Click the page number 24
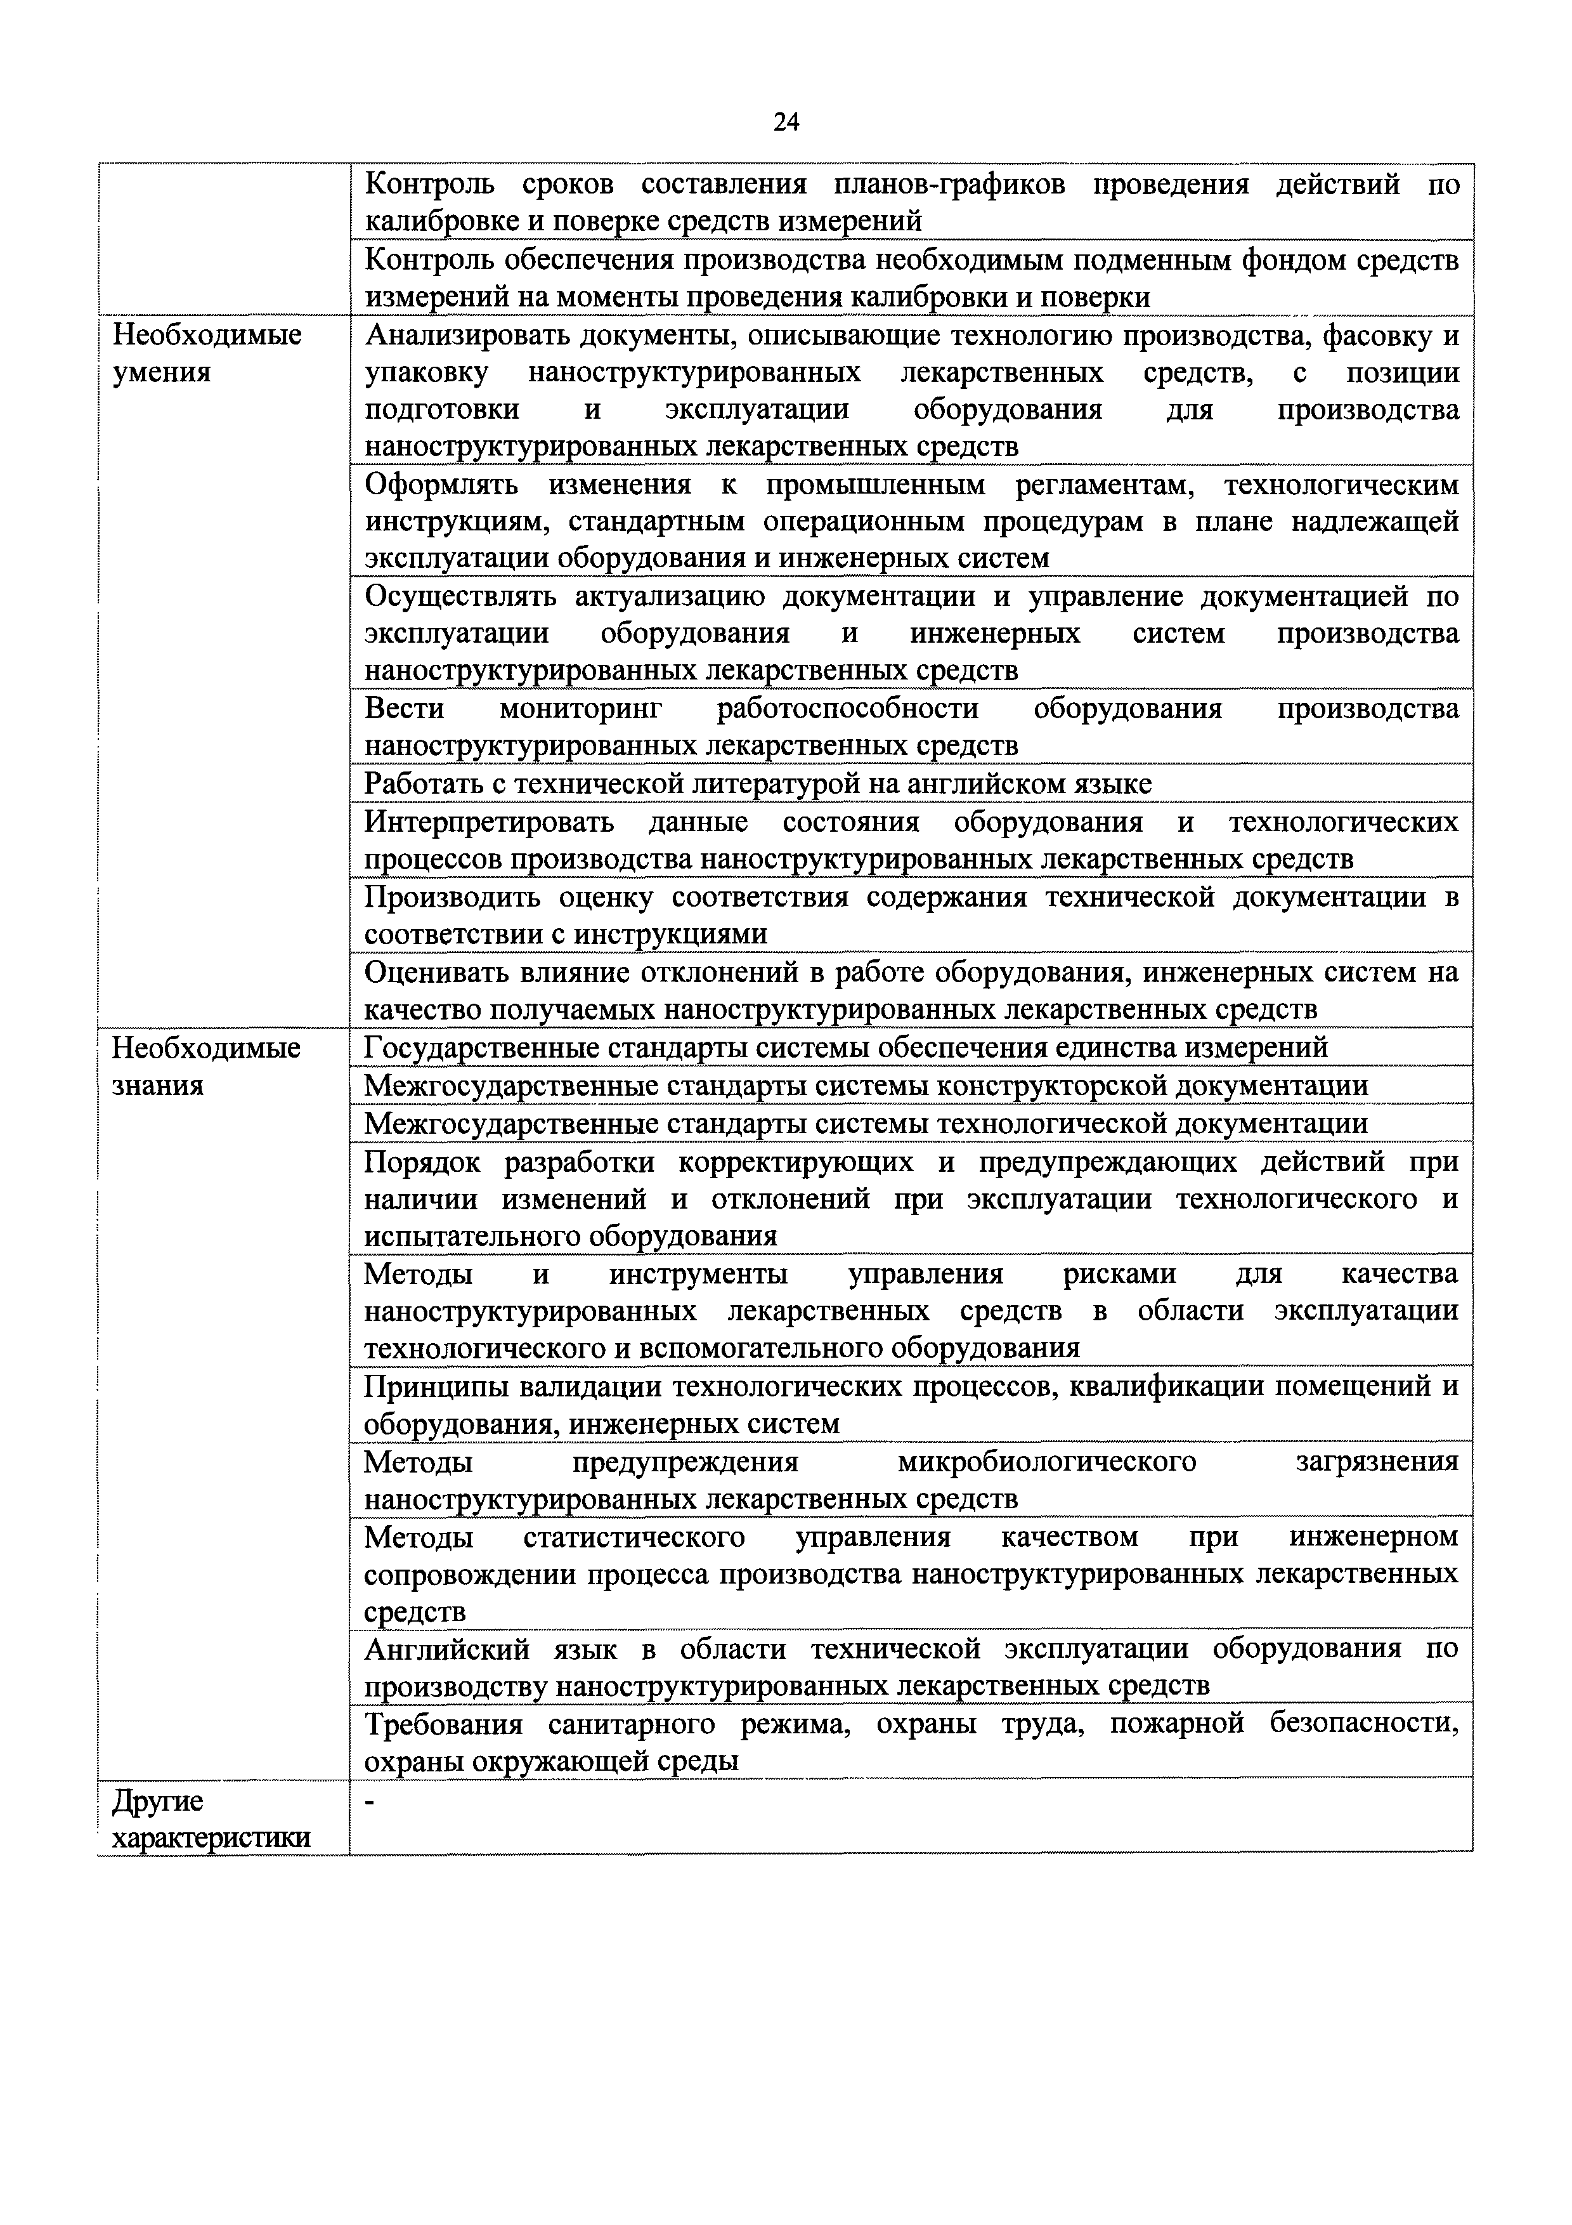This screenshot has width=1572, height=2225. pos(786,121)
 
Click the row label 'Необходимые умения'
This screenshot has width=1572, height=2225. pos(207,354)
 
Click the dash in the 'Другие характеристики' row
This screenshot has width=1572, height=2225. pos(370,1802)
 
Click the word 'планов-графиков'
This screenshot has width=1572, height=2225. pos(949,184)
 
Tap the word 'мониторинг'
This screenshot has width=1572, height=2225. pos(580,709)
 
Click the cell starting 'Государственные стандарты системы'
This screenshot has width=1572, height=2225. pos(845,1047)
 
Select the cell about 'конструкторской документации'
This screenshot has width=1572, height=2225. pos(866,1086)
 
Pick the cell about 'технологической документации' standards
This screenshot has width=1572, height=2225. pos(866,1123)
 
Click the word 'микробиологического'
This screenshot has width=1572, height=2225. pos(1047,1460)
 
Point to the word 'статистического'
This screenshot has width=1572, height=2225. pos(633,1537)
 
